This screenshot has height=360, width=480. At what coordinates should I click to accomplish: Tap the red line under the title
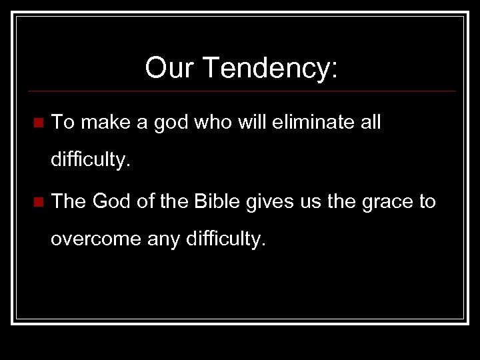pos(240,91)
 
